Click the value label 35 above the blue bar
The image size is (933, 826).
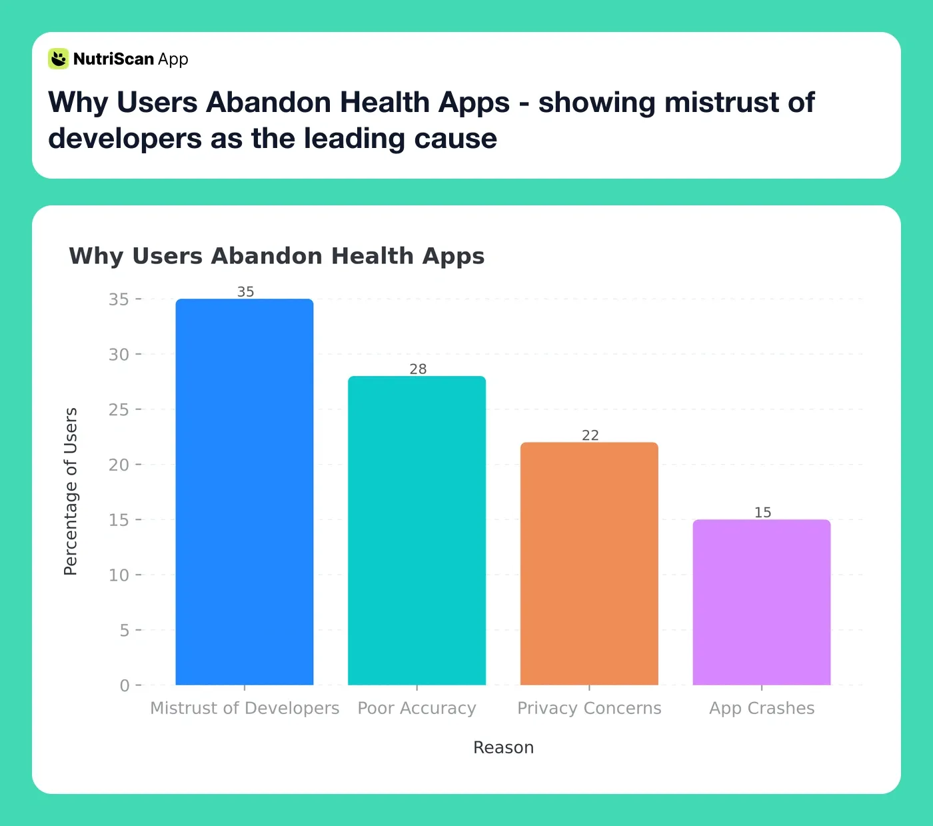245,292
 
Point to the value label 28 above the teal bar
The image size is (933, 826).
418,369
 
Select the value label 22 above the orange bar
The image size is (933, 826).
590,435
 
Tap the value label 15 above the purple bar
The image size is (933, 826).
762,513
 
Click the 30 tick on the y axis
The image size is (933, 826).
119,355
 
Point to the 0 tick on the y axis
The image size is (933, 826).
125,685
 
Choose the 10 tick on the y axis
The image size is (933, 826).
119,575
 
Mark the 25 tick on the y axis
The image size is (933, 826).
119,409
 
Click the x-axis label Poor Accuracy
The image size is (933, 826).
417,708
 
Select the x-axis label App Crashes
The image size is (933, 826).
762,708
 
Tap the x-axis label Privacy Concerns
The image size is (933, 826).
589,708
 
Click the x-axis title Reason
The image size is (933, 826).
503,747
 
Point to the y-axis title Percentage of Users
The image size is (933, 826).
71,491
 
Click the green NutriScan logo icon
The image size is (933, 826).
59,59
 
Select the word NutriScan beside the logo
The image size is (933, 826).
113,59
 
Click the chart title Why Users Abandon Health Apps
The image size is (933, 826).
277,256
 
